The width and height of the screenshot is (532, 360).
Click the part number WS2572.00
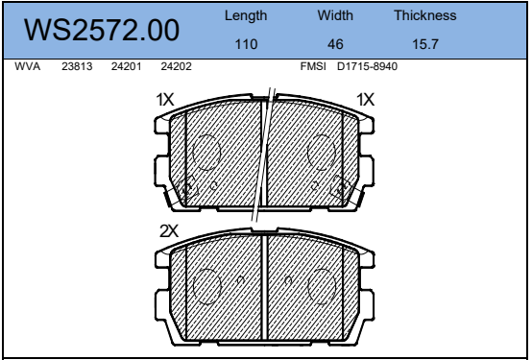click(102, 30)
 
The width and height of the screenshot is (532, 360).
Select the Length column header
click(246, 16)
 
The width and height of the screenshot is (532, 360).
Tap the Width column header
click(335, 15)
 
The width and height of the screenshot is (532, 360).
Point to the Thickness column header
click(425, 15)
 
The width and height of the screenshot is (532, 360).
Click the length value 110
click(247, 44)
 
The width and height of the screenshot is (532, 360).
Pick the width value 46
click(335, 44)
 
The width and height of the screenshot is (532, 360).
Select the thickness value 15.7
click(425, 44)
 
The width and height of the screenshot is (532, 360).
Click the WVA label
click(28, 66)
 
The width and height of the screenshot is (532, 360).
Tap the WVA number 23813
click(77, 66)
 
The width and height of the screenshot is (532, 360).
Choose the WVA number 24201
click(126, 66)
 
